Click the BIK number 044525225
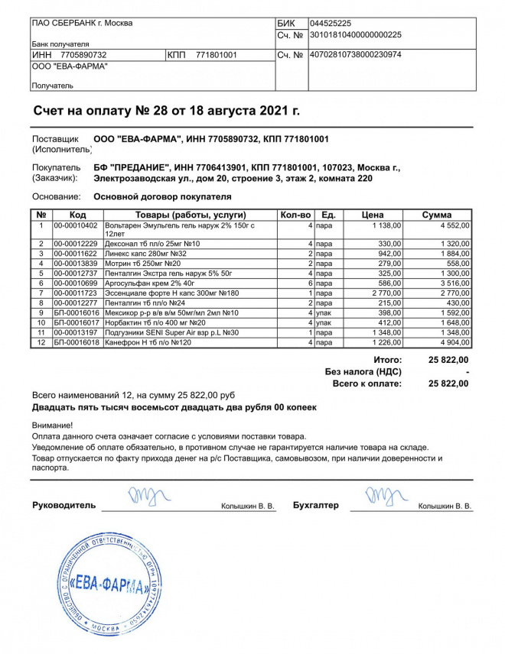[331, 24]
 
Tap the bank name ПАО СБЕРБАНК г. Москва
[82, 23]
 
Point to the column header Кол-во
[295, 215]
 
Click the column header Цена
[373, 215]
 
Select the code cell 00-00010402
[76, 225]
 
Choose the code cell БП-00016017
[77, 322]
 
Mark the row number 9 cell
[42, 312]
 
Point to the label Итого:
[387, 359]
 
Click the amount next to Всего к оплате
[449, 384]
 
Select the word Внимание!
[53, 425]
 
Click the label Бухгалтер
[315, 506]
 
